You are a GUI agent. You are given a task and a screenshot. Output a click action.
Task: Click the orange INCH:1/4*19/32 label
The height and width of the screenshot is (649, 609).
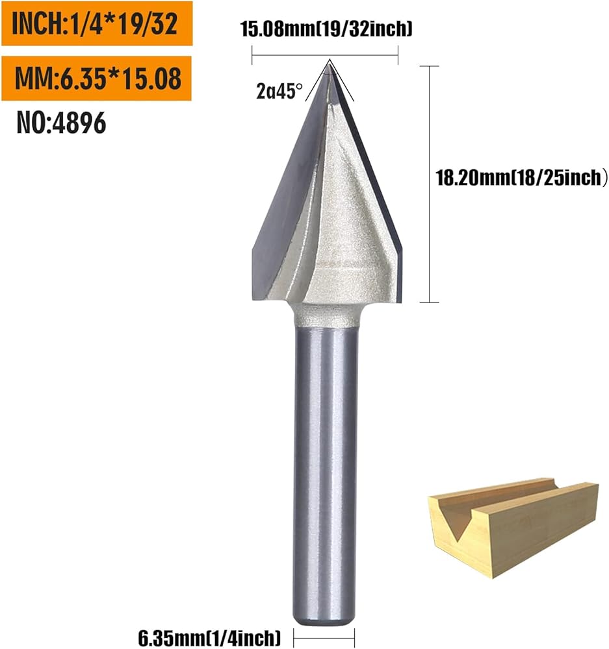[97, 23]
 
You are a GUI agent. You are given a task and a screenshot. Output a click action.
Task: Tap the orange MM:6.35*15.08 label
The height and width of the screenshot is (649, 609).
[97, 79]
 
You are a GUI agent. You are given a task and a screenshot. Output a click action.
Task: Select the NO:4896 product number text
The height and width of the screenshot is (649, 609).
[61, 123]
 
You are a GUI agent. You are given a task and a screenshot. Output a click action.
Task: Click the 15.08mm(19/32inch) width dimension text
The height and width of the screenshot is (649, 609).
[326, 29]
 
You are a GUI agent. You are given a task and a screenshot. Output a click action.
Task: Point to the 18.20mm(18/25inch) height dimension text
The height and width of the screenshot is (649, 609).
[521, 178]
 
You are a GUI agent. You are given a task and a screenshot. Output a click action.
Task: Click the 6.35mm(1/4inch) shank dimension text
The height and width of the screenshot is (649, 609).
[209, 638]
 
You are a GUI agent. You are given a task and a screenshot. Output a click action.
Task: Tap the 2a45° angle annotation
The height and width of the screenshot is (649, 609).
[279, 91]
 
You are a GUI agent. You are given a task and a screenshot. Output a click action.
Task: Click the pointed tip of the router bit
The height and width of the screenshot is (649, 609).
[330, 61]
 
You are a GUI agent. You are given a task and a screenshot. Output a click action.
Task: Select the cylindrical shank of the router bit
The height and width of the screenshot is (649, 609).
[326, 476]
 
